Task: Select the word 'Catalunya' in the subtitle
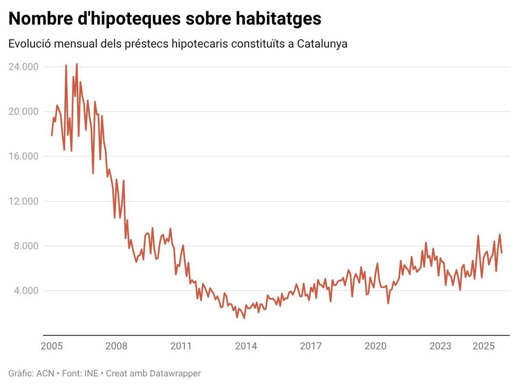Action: point(322,44)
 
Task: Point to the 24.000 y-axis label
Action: point(23,67)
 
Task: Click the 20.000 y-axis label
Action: point(23,111)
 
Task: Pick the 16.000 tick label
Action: point(23,156)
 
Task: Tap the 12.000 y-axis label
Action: point(23,201)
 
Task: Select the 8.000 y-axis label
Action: point(26,246)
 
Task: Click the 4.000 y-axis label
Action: point(26,291)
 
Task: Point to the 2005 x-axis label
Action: point(52,346)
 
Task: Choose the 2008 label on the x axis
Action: point(117,346)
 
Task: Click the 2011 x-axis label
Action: point(181,346)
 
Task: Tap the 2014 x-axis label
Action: point(246,346)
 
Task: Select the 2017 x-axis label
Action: point(311,346)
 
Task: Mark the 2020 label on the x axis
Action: point(376,346)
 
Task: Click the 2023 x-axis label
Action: point(440,346)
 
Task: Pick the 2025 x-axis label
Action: point(483,346)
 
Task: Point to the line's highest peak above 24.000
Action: point(76,64)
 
